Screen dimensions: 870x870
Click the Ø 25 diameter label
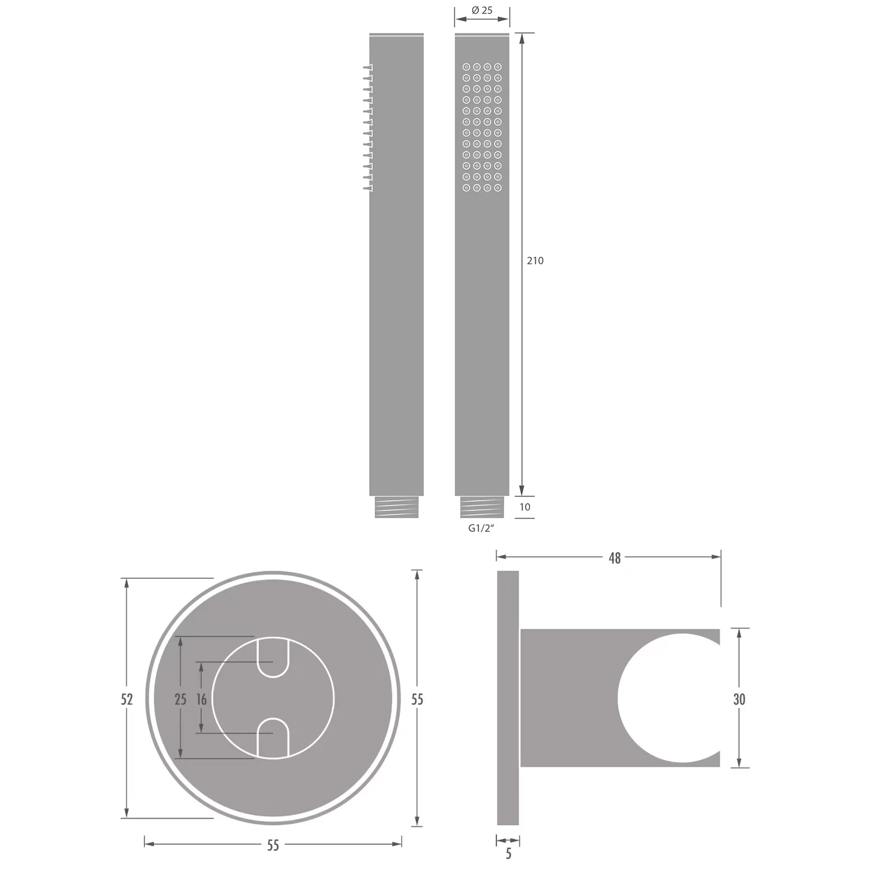click(x=482, y=10)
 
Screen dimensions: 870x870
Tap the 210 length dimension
click(x=535, y=261)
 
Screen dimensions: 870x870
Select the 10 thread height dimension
click(x=525, y=507)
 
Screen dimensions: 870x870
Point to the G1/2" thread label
click(x=481, y=528)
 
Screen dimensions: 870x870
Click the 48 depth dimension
click(x=615, y=558)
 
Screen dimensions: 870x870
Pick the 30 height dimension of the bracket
click(x=739, y=699)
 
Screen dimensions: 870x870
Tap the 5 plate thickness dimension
click(x=509, y=854)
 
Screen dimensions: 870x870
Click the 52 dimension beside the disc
click(x=126, y=699)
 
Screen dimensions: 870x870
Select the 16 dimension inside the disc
click(x=201, y=699)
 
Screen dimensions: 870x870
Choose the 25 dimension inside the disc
click(x=180, y=699)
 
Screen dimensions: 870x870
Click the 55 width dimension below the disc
click(x=273, y=846)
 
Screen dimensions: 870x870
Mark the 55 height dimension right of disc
click(x=417, y=699)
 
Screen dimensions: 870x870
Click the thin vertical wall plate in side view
click(x=507, y=698)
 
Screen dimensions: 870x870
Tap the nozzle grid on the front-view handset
click(x=482, y=127)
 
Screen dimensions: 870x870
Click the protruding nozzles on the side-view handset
click(x=368, y=127)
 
